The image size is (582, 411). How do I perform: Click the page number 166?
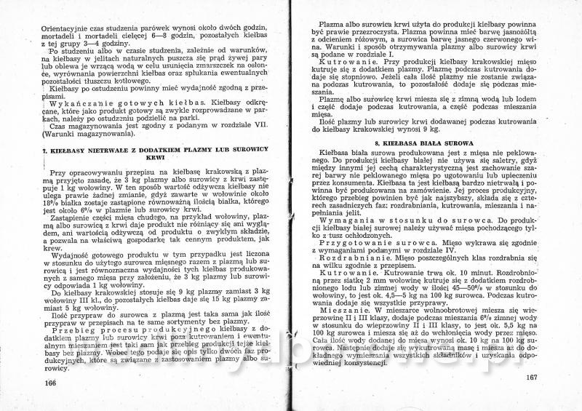(x=50, y=383)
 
